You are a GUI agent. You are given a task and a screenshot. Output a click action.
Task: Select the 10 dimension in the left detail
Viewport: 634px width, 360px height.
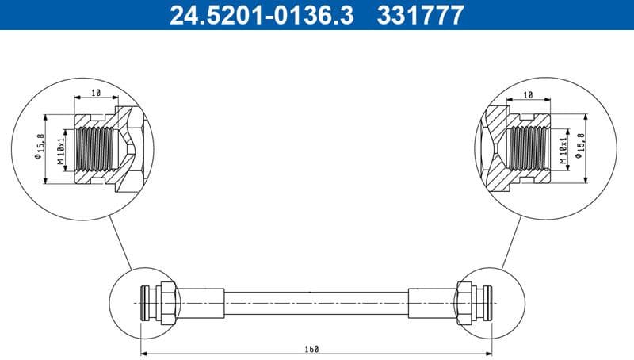pos(95,94)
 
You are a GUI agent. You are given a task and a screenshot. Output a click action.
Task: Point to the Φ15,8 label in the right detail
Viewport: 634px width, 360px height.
pos(583,147)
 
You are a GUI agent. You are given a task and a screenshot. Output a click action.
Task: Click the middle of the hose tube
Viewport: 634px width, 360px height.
pos(317,303)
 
